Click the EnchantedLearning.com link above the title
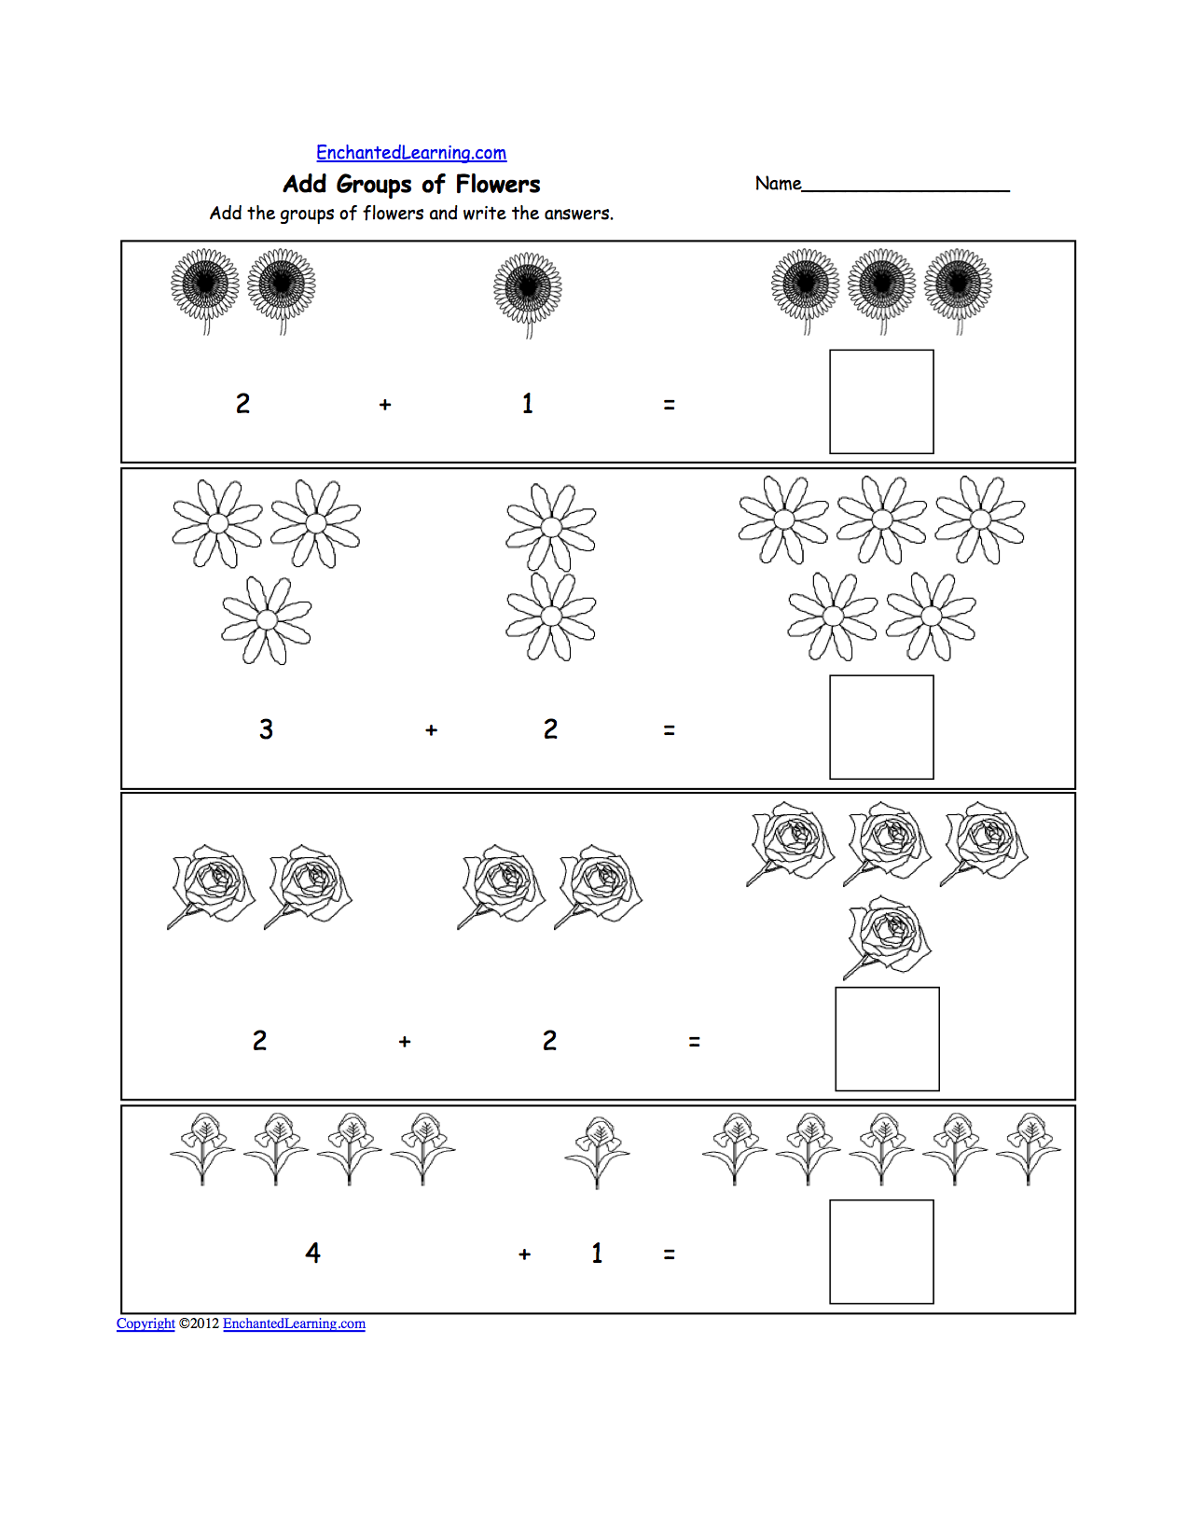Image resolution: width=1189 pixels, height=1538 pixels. tap(411, 153)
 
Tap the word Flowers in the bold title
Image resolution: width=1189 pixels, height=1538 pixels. tap(498, 185)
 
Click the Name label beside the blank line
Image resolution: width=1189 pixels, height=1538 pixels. tap(778, 184)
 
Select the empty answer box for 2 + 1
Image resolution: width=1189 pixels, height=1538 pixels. tap(881, 402)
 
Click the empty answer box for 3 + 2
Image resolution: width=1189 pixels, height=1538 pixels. tap(881, 727)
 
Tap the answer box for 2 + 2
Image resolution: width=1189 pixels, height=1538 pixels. tap(887, 1039)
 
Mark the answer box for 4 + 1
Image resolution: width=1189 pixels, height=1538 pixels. tap(881, 1252)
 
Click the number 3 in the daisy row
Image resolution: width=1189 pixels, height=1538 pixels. tap(266, 729)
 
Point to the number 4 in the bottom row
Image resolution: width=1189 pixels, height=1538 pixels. tap(313, 1253)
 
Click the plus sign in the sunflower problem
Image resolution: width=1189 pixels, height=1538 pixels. tap(385, 405)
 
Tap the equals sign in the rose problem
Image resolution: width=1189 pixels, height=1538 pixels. tap(694, 1042)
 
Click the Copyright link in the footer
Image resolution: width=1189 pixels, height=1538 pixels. tap(145, 1323)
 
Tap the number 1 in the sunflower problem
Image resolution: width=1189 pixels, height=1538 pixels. tap(528, 404)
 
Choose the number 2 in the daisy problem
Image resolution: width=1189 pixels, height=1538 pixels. tap(550, 729)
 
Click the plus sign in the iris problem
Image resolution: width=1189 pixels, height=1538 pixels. tap(524, 1254)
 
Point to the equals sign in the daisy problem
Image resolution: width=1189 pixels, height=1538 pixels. tap(669, 730)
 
